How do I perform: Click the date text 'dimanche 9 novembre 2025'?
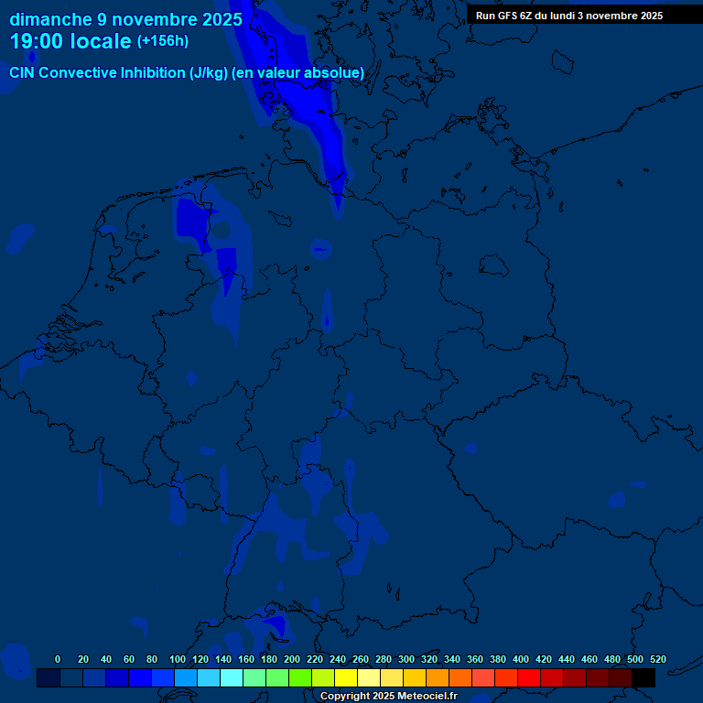126,19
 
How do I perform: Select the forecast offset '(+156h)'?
163,41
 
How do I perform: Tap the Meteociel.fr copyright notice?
388,696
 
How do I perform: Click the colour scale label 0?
58,659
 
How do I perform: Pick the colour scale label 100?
178,659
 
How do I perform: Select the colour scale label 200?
292,659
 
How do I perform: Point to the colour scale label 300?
406,659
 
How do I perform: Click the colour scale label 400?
521,659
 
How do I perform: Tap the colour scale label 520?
657,659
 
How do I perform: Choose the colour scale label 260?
361,659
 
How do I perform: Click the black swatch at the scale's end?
644,678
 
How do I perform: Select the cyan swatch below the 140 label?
232,678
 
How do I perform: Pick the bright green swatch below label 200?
300,678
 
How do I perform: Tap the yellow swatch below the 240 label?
346,678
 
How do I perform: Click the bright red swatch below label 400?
529,678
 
